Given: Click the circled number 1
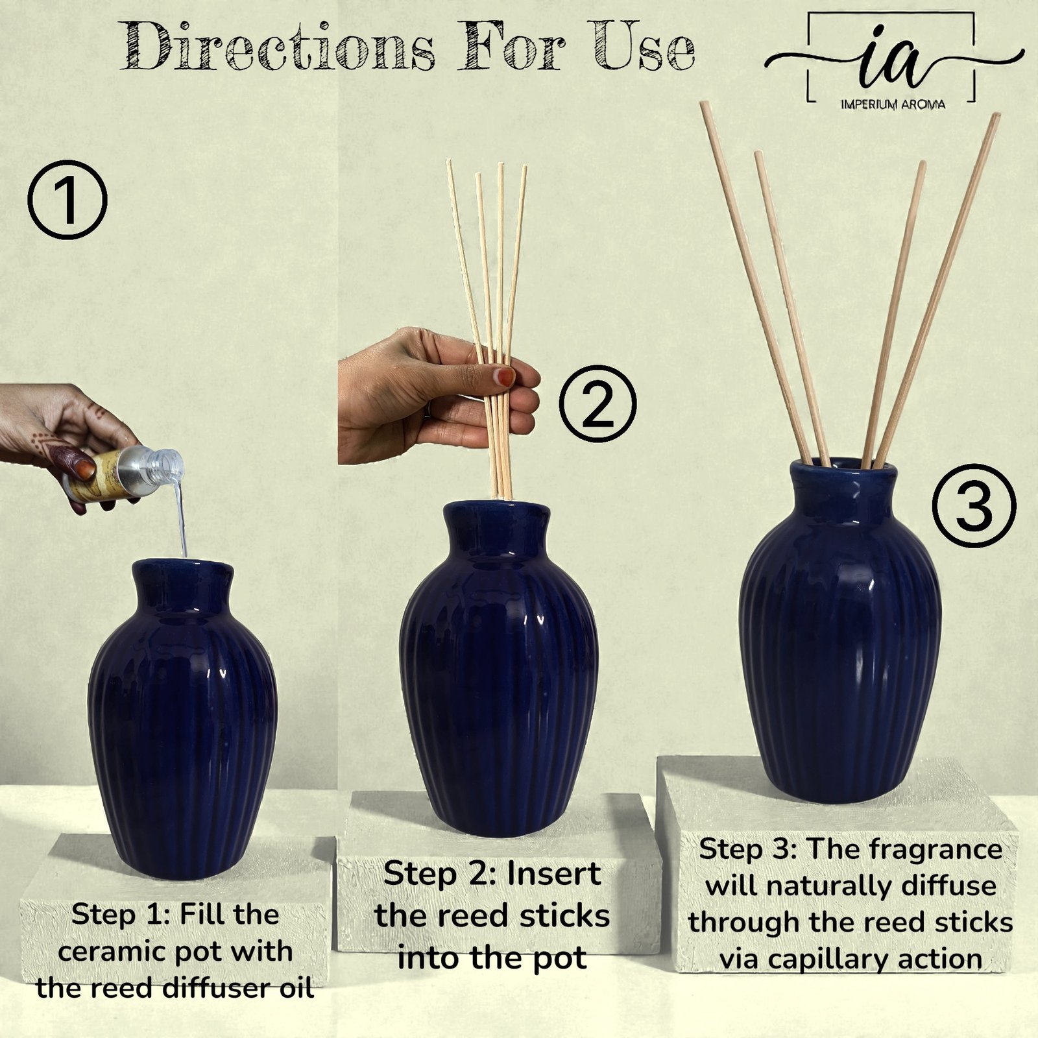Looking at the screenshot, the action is click(x=67, y=201).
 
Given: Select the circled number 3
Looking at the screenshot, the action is click(x=974, y=507).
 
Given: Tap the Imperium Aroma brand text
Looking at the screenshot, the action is click(x=893, y=104).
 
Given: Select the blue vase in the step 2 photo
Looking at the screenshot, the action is click(x=499, y=668).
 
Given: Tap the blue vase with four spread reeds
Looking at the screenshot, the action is click(x=839, y=629).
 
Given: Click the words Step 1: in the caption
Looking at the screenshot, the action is click(x=121, y=915).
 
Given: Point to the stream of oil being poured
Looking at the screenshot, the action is click(x=181, y=513).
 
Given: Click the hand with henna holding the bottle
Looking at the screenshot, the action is click(x=65, y=441).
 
